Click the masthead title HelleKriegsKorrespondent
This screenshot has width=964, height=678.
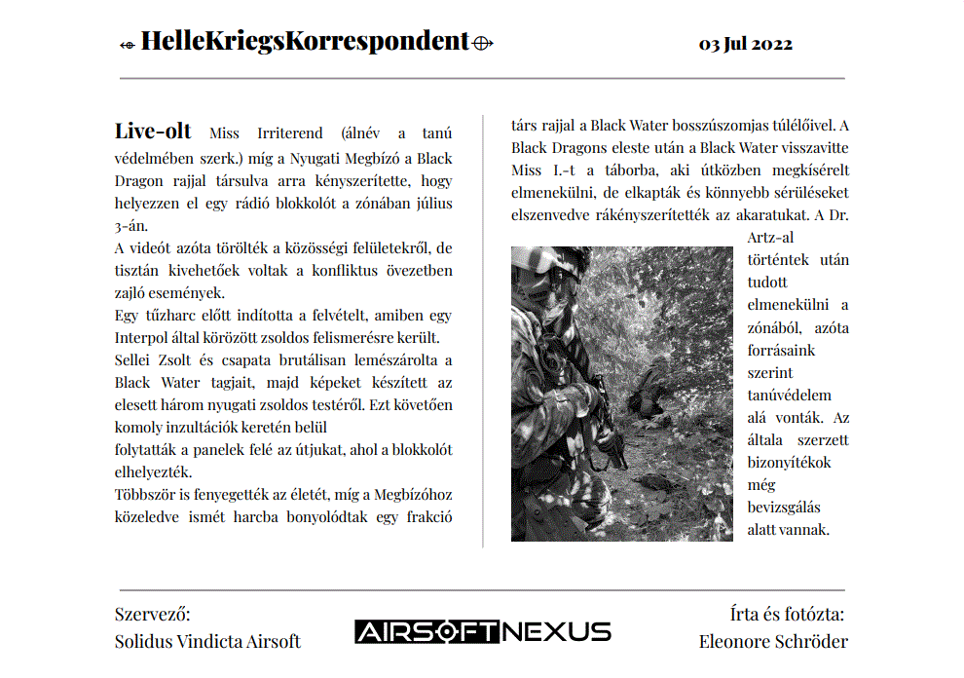pyautogui.click(x=305, y=41)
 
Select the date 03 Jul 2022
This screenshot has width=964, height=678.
pyautogui.click(x=745, y=44)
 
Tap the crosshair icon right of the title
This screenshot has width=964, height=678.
pyautogui.click(x=483, y=43)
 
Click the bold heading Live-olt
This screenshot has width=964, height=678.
pyautogui.click(x=153, y=132)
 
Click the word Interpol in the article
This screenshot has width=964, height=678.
pyautogui.click(x=145, y=338)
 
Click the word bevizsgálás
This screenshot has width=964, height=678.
pyautogui.click(x=784, y=507)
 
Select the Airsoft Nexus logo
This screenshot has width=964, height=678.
pyautogui.click(x=483, y=631)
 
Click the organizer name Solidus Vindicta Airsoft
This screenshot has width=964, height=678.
pyautogui.click(x=207, y=641)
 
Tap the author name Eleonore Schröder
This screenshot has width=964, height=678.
pyautogui.click(x=773, y=641)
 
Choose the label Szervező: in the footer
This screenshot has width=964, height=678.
pyautogui.click(x=153, y=614)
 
